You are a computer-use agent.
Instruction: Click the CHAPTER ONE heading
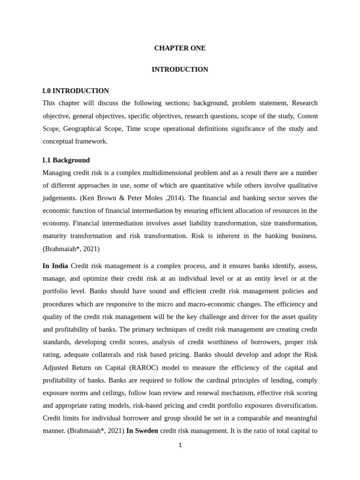pyautogui.click(x=180, y=48)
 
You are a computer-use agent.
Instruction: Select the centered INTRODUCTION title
pyautogui.click(x=180, y=69)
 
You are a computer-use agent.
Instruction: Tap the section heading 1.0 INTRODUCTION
pyautogui.click(x=75, y=91)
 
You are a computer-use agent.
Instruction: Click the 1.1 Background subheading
pyautogui.click(x=66, y=160)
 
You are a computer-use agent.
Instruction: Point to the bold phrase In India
pyautogui.click(x=55, y=266)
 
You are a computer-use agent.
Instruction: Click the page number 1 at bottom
pyautogui.click(x=180, y=445)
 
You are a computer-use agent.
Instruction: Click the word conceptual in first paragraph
pyautogui.click(x=59, y=141)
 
